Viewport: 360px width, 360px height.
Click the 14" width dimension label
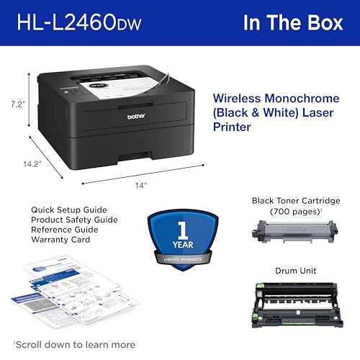140,185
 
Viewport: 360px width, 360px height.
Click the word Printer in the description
233,127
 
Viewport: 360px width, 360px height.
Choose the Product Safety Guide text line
74,219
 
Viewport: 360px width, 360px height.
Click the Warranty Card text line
60,239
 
